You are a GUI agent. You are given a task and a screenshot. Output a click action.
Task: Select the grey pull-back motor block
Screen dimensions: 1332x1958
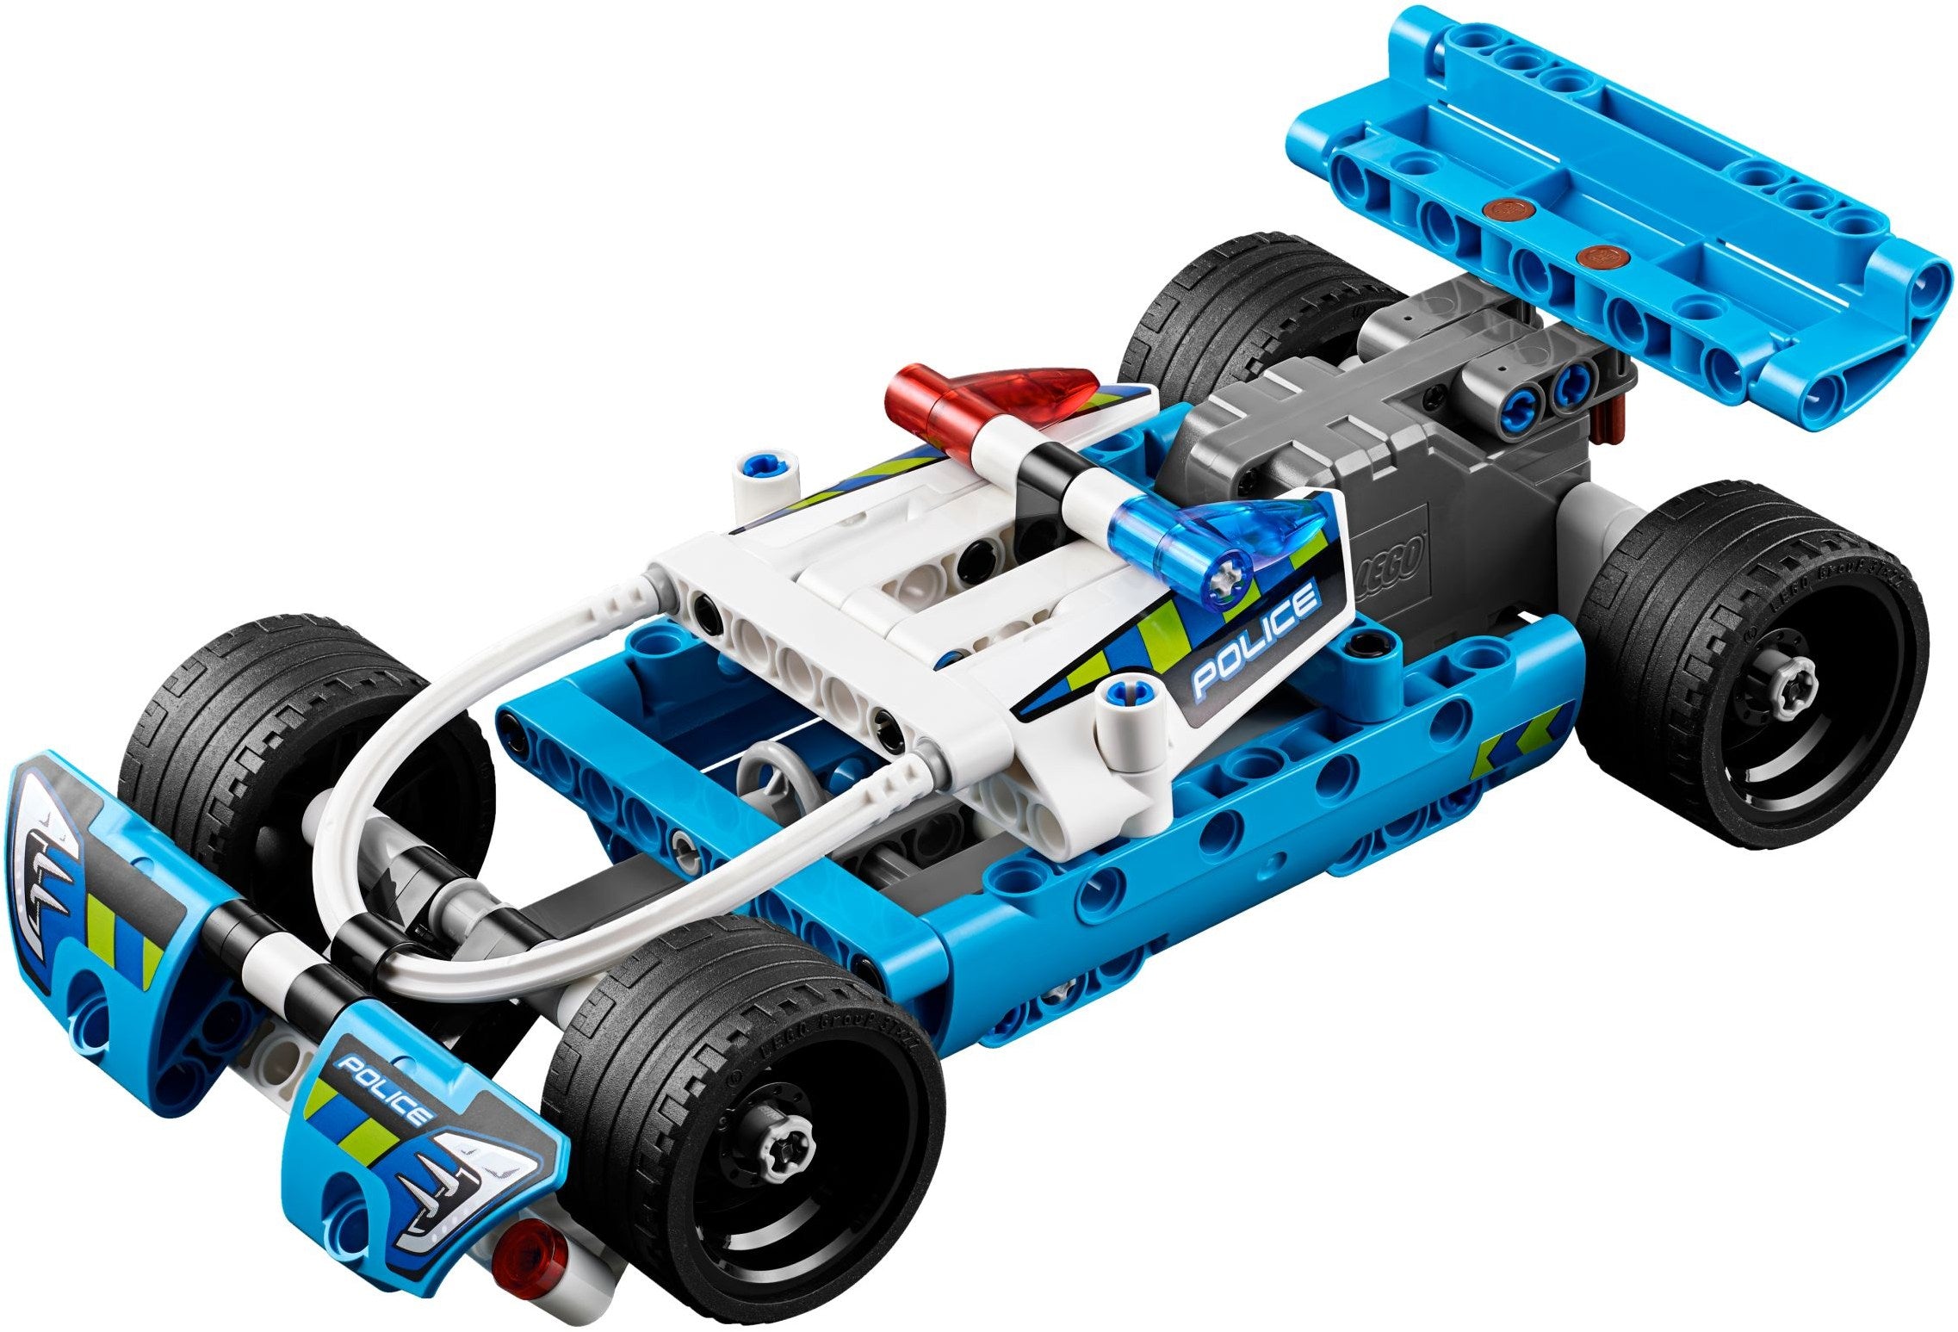coord(1343,465)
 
